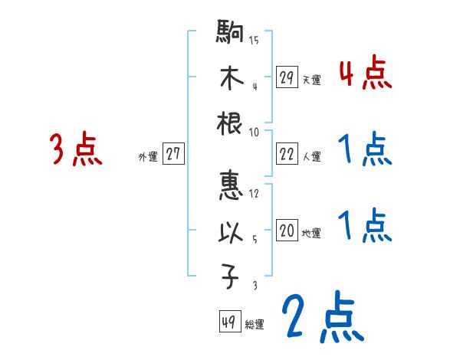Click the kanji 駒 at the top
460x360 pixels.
click(x=231, y=34)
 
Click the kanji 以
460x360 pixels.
click(x=231, y=233)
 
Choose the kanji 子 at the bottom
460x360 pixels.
click(x=231, y=279)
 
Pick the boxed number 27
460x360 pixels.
click(x=174, y=154)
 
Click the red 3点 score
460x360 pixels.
click(x=75, y=149)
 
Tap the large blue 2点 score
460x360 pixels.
click(x=322, y=316)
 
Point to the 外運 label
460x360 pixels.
click(x=148, y=156)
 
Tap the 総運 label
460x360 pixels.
click(x=255, y=325)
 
